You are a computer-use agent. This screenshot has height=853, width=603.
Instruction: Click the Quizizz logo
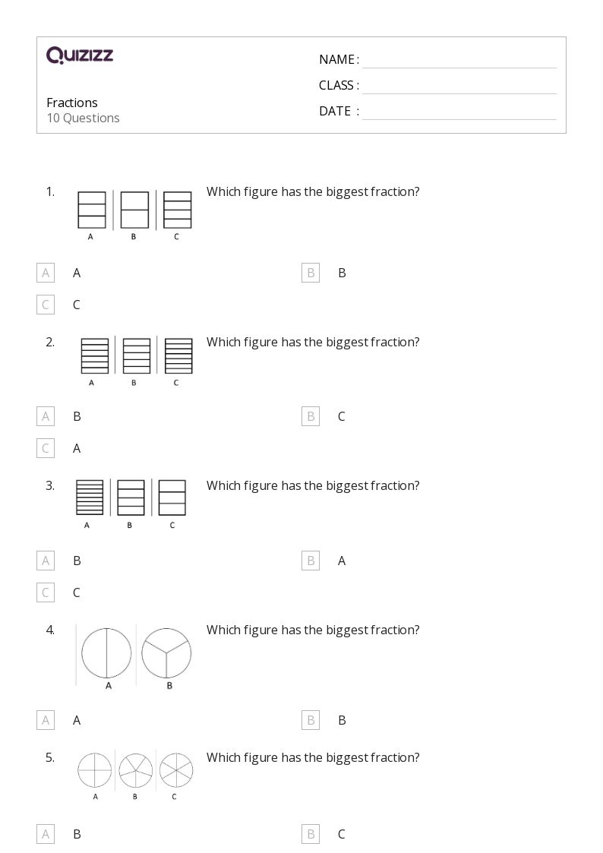point(80,55)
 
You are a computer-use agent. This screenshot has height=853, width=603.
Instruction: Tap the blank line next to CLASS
point(459,93)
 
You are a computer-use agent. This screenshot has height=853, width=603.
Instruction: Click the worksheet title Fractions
point(72,103)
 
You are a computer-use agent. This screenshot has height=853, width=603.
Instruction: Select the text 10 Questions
point(84,118)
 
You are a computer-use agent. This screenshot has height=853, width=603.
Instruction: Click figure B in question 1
point(134,210)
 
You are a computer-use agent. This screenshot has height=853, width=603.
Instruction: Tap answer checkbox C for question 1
point(46,305)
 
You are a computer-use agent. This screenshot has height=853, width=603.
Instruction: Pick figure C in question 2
point(178,355)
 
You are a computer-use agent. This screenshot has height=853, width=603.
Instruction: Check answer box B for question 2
point(311,417)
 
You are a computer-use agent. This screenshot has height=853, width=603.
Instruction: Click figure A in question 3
point(90,498)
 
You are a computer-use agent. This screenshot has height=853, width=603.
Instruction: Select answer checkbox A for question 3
point(46,561)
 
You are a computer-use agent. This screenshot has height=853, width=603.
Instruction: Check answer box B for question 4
point(311,720)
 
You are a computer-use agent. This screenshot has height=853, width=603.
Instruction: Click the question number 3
point(50,486)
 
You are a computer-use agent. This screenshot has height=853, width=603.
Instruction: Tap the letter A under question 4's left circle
point(109,686)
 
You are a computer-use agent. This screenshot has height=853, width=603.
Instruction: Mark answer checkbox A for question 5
point(46,835)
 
